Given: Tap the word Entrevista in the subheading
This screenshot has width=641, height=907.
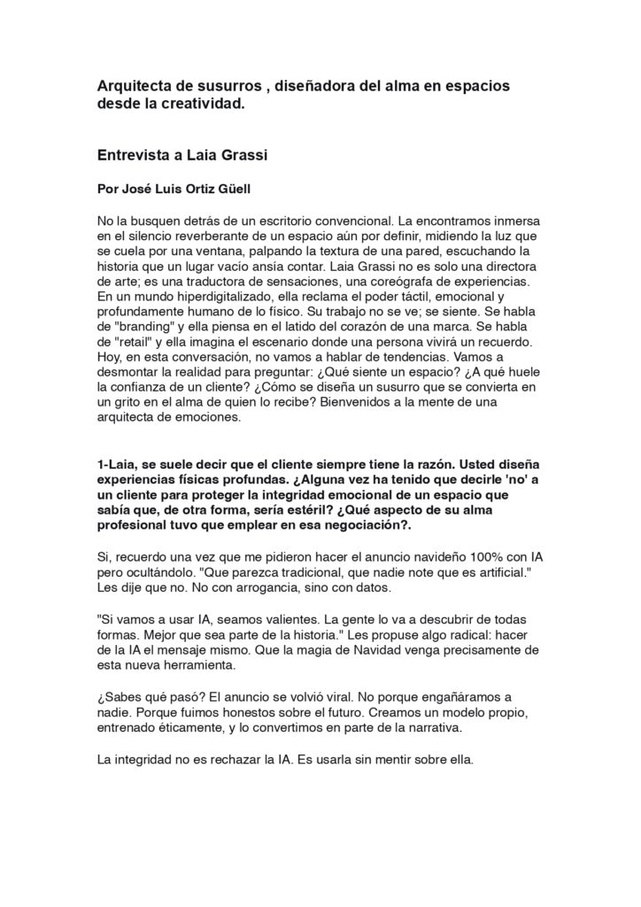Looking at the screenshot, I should pos(133,153).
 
